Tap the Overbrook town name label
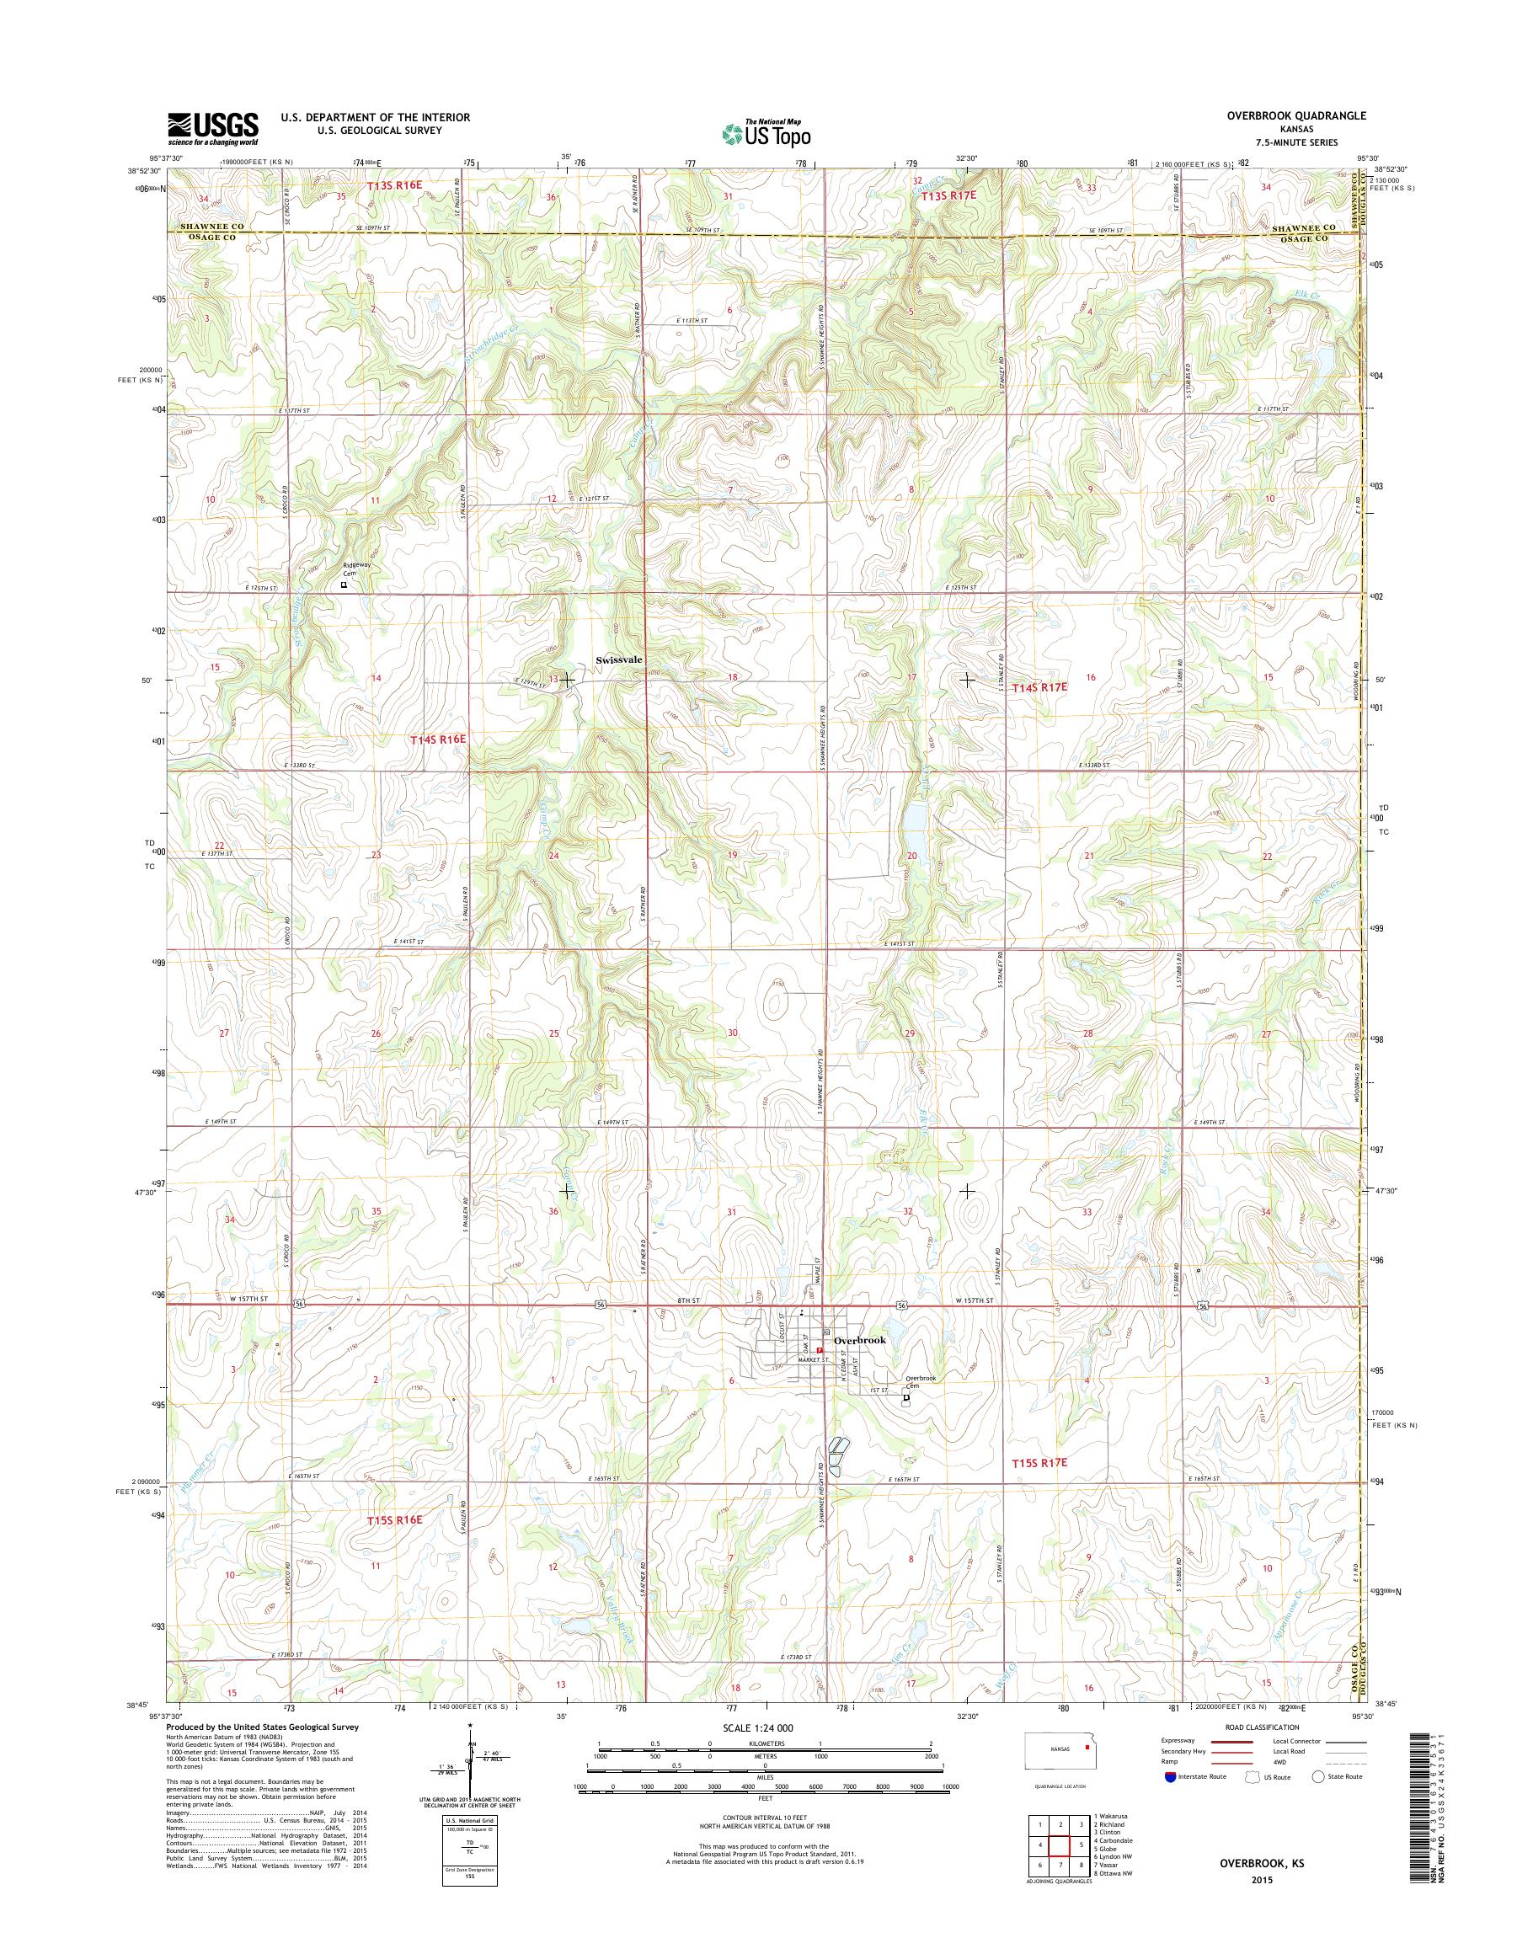(x=859, y=1340)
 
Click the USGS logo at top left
(x=213, y=128)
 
